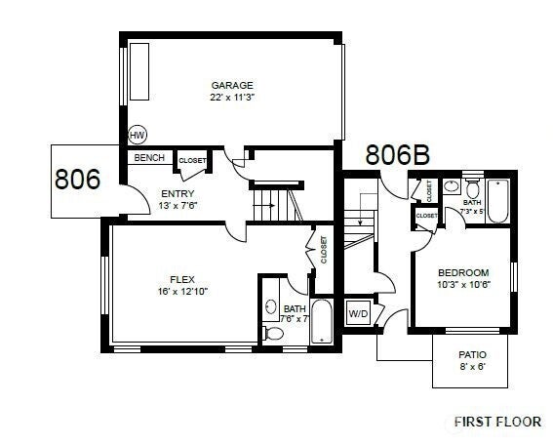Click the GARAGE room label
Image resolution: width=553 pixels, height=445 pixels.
coord(232,85)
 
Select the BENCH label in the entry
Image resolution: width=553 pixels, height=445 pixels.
coord(149,157)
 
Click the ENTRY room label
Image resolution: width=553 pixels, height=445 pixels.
coord(178,193)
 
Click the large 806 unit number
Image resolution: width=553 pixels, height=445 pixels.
coord(78,180)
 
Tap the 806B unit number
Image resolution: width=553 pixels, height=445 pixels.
coord(398,154)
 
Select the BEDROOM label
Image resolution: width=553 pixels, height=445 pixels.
coord(463,272)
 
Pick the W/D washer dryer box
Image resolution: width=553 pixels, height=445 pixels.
coord(358,314)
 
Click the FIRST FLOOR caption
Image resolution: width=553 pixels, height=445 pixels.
coord(497,422)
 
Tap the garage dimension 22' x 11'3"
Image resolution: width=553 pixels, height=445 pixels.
coord(232,97)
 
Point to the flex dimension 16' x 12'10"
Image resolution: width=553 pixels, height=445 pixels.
coord(183,290)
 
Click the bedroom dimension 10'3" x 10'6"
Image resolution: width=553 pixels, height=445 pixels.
coord(463,285)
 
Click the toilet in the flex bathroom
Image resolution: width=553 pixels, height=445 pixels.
coord(273,333)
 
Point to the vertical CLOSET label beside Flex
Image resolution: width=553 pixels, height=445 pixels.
coord(324,250)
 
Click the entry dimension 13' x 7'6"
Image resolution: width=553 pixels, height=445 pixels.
coord(178,206)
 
